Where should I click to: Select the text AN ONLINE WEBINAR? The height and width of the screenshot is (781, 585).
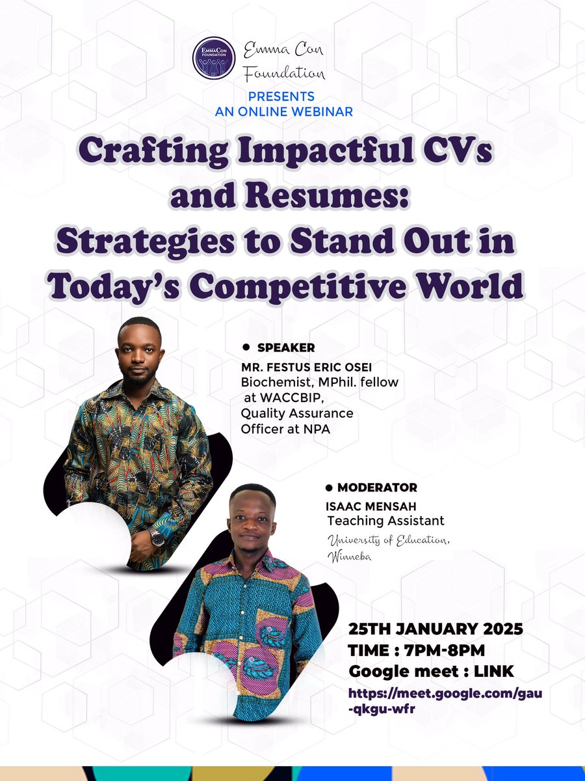point(284,111)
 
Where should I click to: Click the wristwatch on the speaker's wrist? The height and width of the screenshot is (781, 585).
point(157,536)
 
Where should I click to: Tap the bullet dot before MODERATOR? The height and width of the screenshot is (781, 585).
point(328,487)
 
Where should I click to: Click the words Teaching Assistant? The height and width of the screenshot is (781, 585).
point(386,521)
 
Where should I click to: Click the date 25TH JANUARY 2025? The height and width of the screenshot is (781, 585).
point(436,630)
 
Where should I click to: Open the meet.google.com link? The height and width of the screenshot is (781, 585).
point(445,702)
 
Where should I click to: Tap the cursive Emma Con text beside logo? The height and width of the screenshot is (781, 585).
point(283,49)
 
